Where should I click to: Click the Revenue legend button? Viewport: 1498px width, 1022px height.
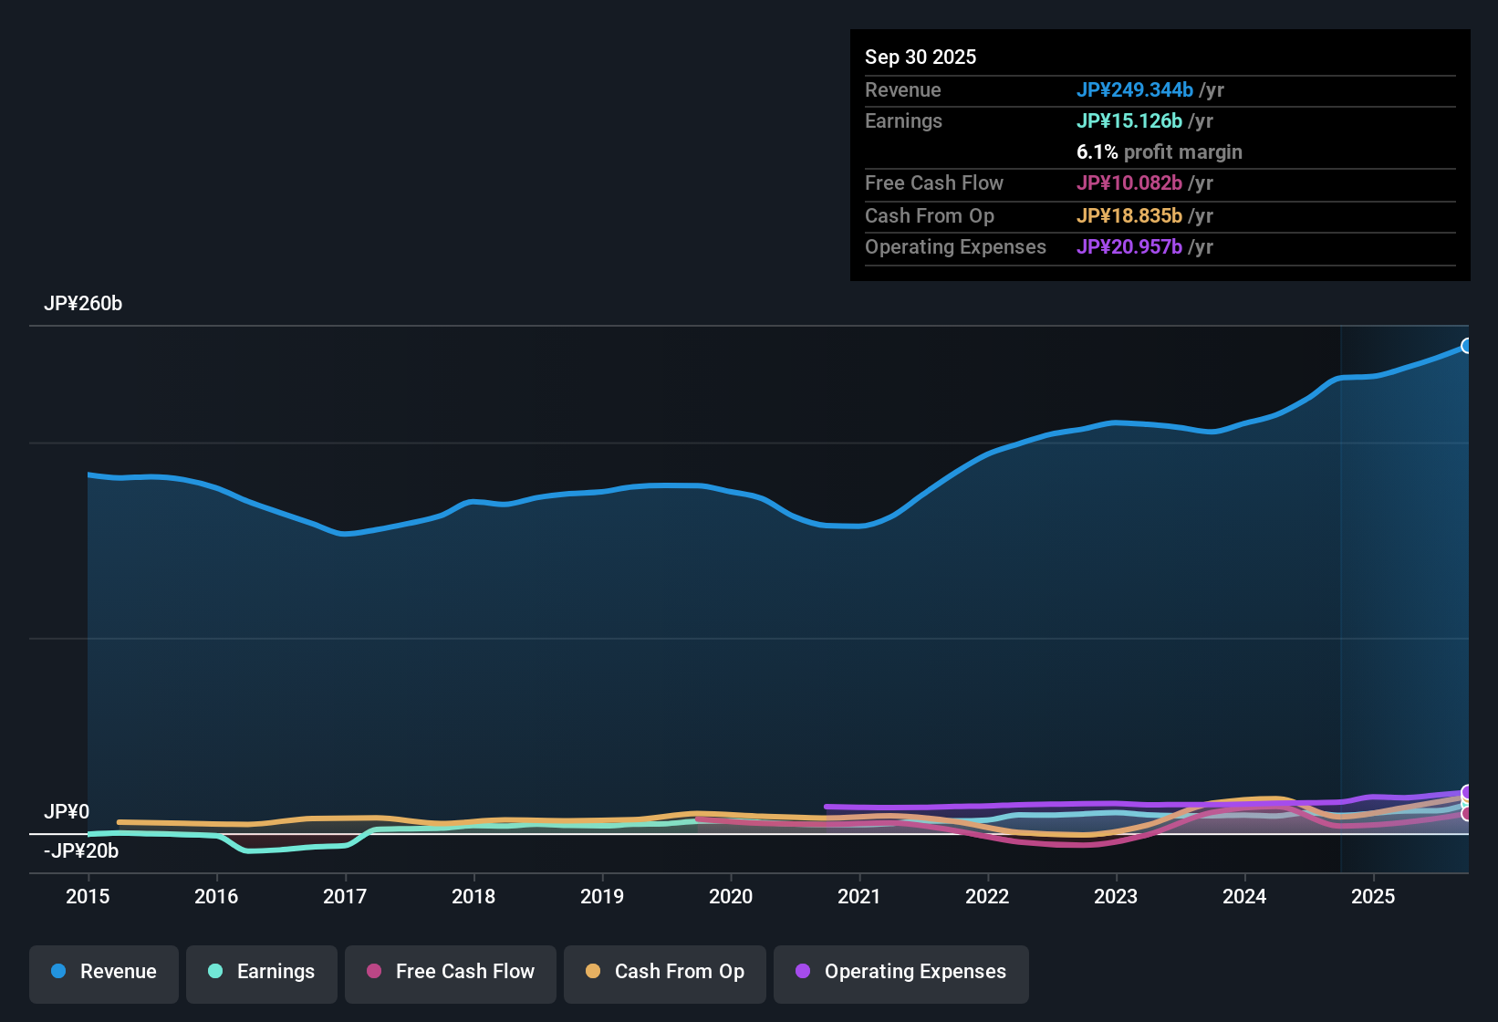104,972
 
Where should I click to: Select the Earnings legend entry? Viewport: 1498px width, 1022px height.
262,972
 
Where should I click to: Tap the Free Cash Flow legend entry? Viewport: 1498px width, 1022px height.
451,972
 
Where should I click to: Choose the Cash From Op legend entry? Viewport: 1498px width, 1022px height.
665,972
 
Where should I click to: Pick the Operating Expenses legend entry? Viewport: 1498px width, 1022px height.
901,972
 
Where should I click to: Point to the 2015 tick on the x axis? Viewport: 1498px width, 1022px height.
88,896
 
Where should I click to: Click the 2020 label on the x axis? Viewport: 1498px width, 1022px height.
731,896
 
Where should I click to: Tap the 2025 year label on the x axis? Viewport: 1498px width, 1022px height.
1373,896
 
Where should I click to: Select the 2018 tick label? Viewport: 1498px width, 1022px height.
473,896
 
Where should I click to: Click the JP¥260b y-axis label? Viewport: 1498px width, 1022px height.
83,304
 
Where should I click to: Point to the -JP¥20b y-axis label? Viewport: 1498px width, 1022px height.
81,851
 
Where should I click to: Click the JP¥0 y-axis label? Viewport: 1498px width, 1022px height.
67,812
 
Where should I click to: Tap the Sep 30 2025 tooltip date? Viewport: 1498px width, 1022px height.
921,57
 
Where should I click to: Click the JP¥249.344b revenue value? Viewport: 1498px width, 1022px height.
1134,89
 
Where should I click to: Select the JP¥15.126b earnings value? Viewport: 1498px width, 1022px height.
1129,120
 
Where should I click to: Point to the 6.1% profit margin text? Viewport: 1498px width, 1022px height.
1159,152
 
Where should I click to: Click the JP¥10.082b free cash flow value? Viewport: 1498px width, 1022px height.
1129,182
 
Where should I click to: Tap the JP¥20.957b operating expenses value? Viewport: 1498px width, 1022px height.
1129,246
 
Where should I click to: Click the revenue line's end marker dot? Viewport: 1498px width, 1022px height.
1467,346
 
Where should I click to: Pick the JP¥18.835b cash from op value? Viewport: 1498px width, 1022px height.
1129,215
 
